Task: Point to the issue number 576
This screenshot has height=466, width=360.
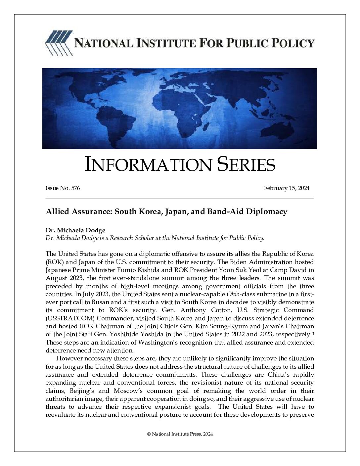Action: coord(75,188)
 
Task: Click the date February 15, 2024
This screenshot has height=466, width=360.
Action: coord(287,188)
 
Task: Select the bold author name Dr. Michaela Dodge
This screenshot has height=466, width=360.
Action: coord(75,230)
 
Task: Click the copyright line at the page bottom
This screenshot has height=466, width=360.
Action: coord(180,434)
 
